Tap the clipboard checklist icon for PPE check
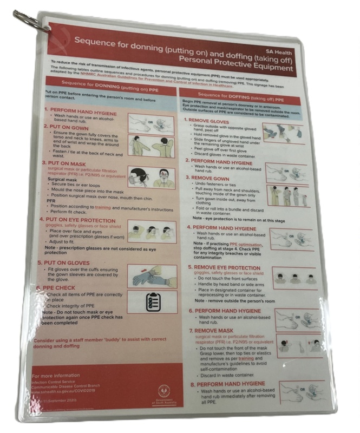pyautogui.click(x=152, y=301)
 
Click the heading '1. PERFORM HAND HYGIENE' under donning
pyautogui.click(x=76, y=109)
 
